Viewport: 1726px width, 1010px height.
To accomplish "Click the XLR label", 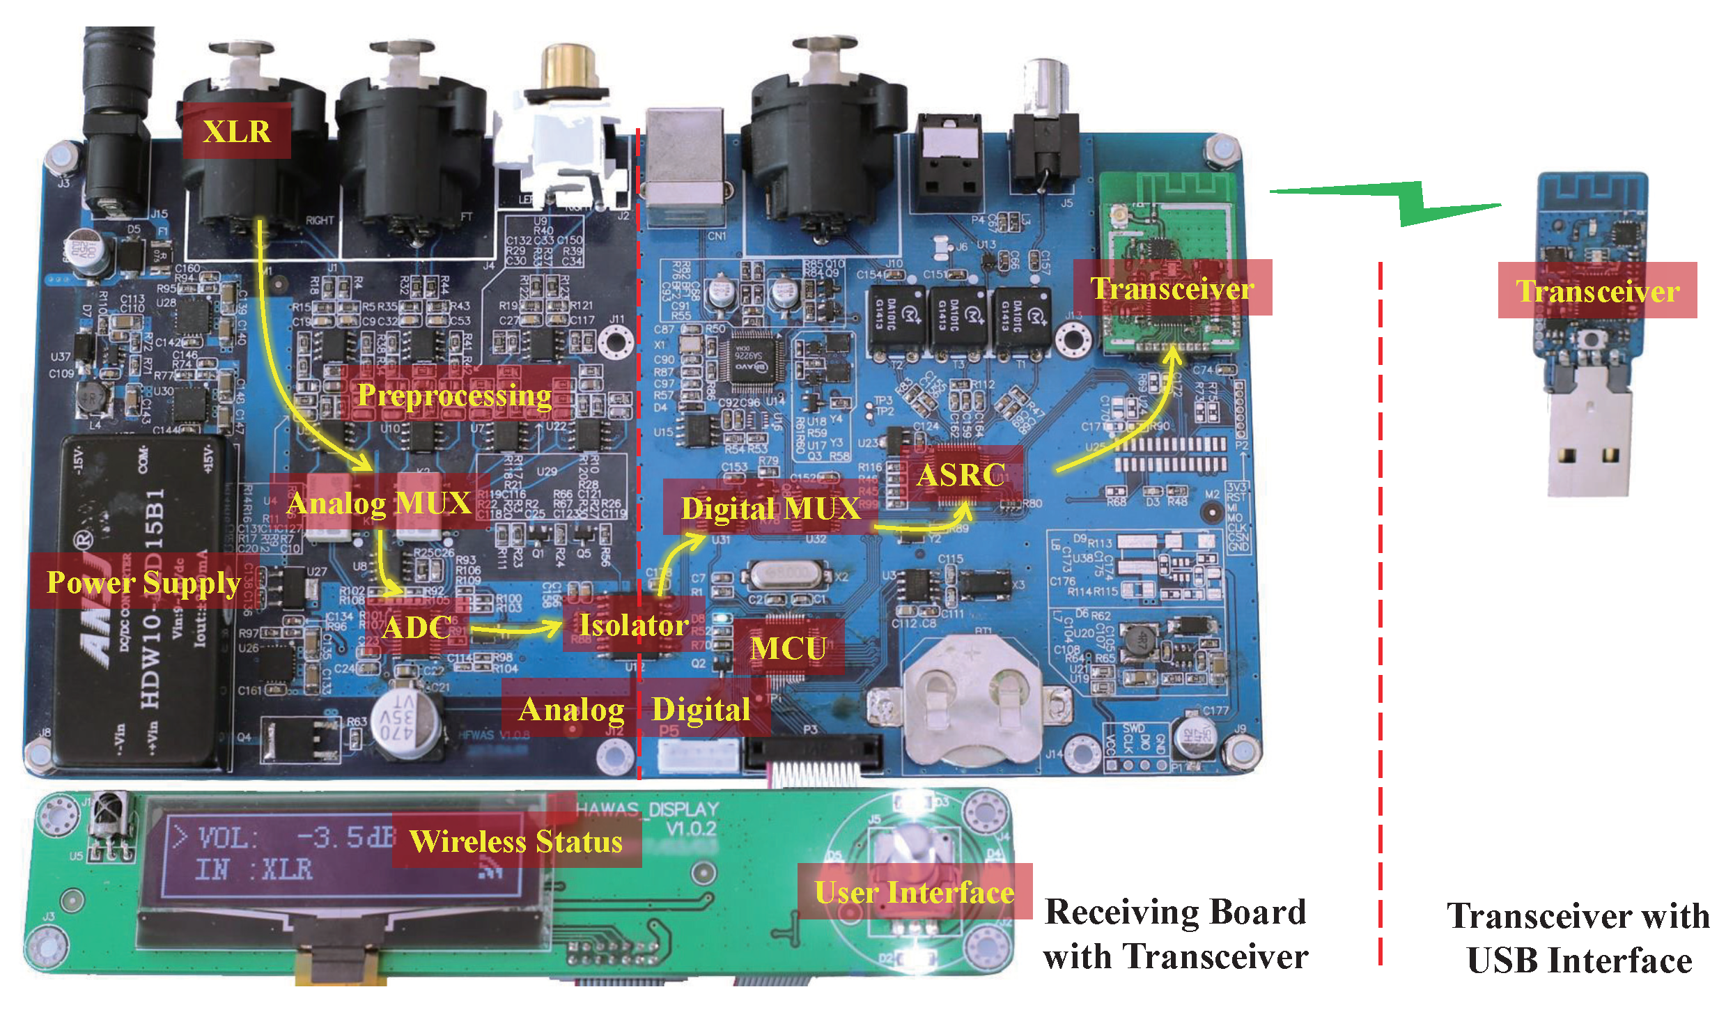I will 236,131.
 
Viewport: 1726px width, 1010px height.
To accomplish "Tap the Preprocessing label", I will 455,394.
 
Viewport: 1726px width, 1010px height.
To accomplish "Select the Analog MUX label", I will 380,502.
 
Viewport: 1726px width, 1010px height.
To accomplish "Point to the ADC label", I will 417,627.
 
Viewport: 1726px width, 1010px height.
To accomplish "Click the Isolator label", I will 633,625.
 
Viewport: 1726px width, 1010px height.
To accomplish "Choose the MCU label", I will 788,648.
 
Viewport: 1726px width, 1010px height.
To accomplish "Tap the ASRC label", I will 961,475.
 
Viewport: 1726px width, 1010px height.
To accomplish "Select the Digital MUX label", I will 770,508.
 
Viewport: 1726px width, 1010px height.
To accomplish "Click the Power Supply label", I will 143,582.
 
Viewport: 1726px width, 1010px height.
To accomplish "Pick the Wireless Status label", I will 516,841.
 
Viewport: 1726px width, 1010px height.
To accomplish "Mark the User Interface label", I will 914,892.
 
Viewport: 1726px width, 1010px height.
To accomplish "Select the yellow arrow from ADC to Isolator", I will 515,630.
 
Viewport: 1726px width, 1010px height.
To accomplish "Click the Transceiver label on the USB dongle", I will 1597,290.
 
